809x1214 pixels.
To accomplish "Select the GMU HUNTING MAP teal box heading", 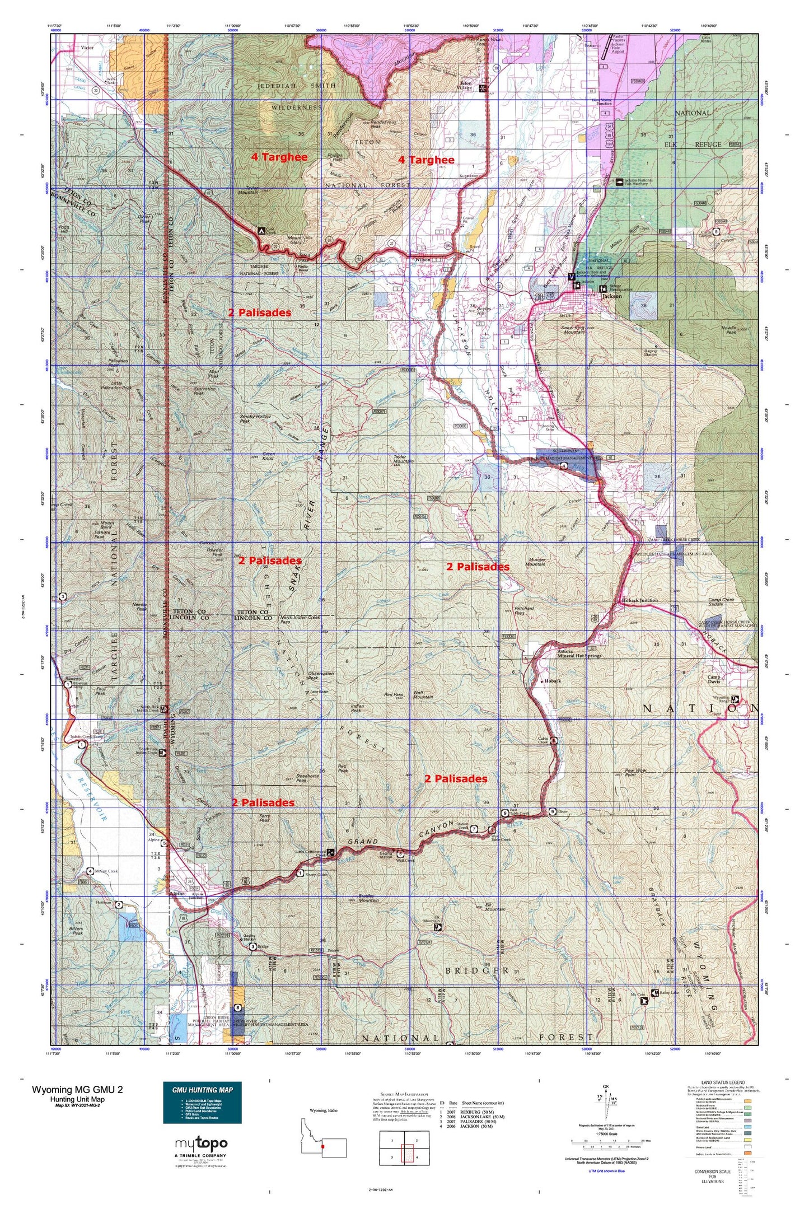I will pyautogui.click(x=202, y=1089).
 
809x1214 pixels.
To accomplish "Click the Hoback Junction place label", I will pyautogui.click(x=639, y=600).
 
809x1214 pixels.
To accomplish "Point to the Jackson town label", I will pyautogui.click(x=611, y=296).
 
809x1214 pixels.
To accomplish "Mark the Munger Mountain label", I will pyautogui.click(x=536, y=562).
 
